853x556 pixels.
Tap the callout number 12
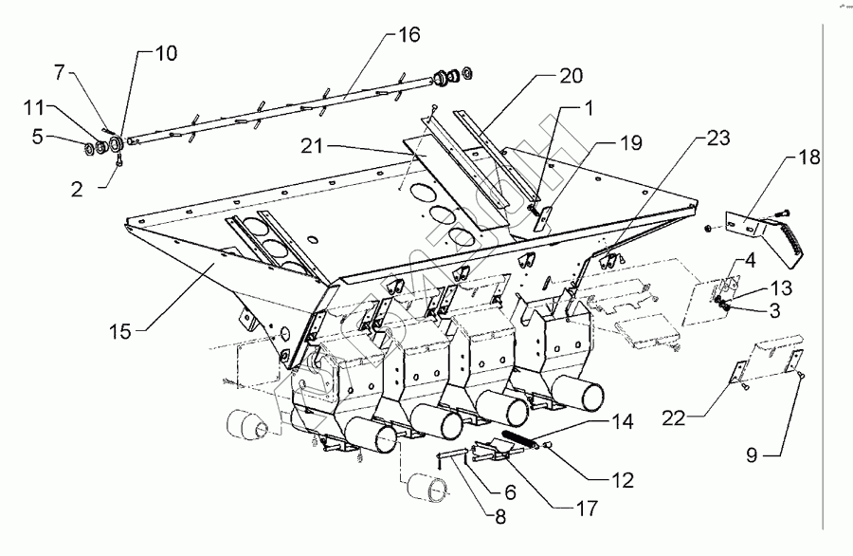pyautogui.click(x=624, y=481)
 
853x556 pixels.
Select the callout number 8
pyautogui.click(x=499, y=517)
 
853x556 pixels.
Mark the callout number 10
pyautogui.click(x=165, y=53)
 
